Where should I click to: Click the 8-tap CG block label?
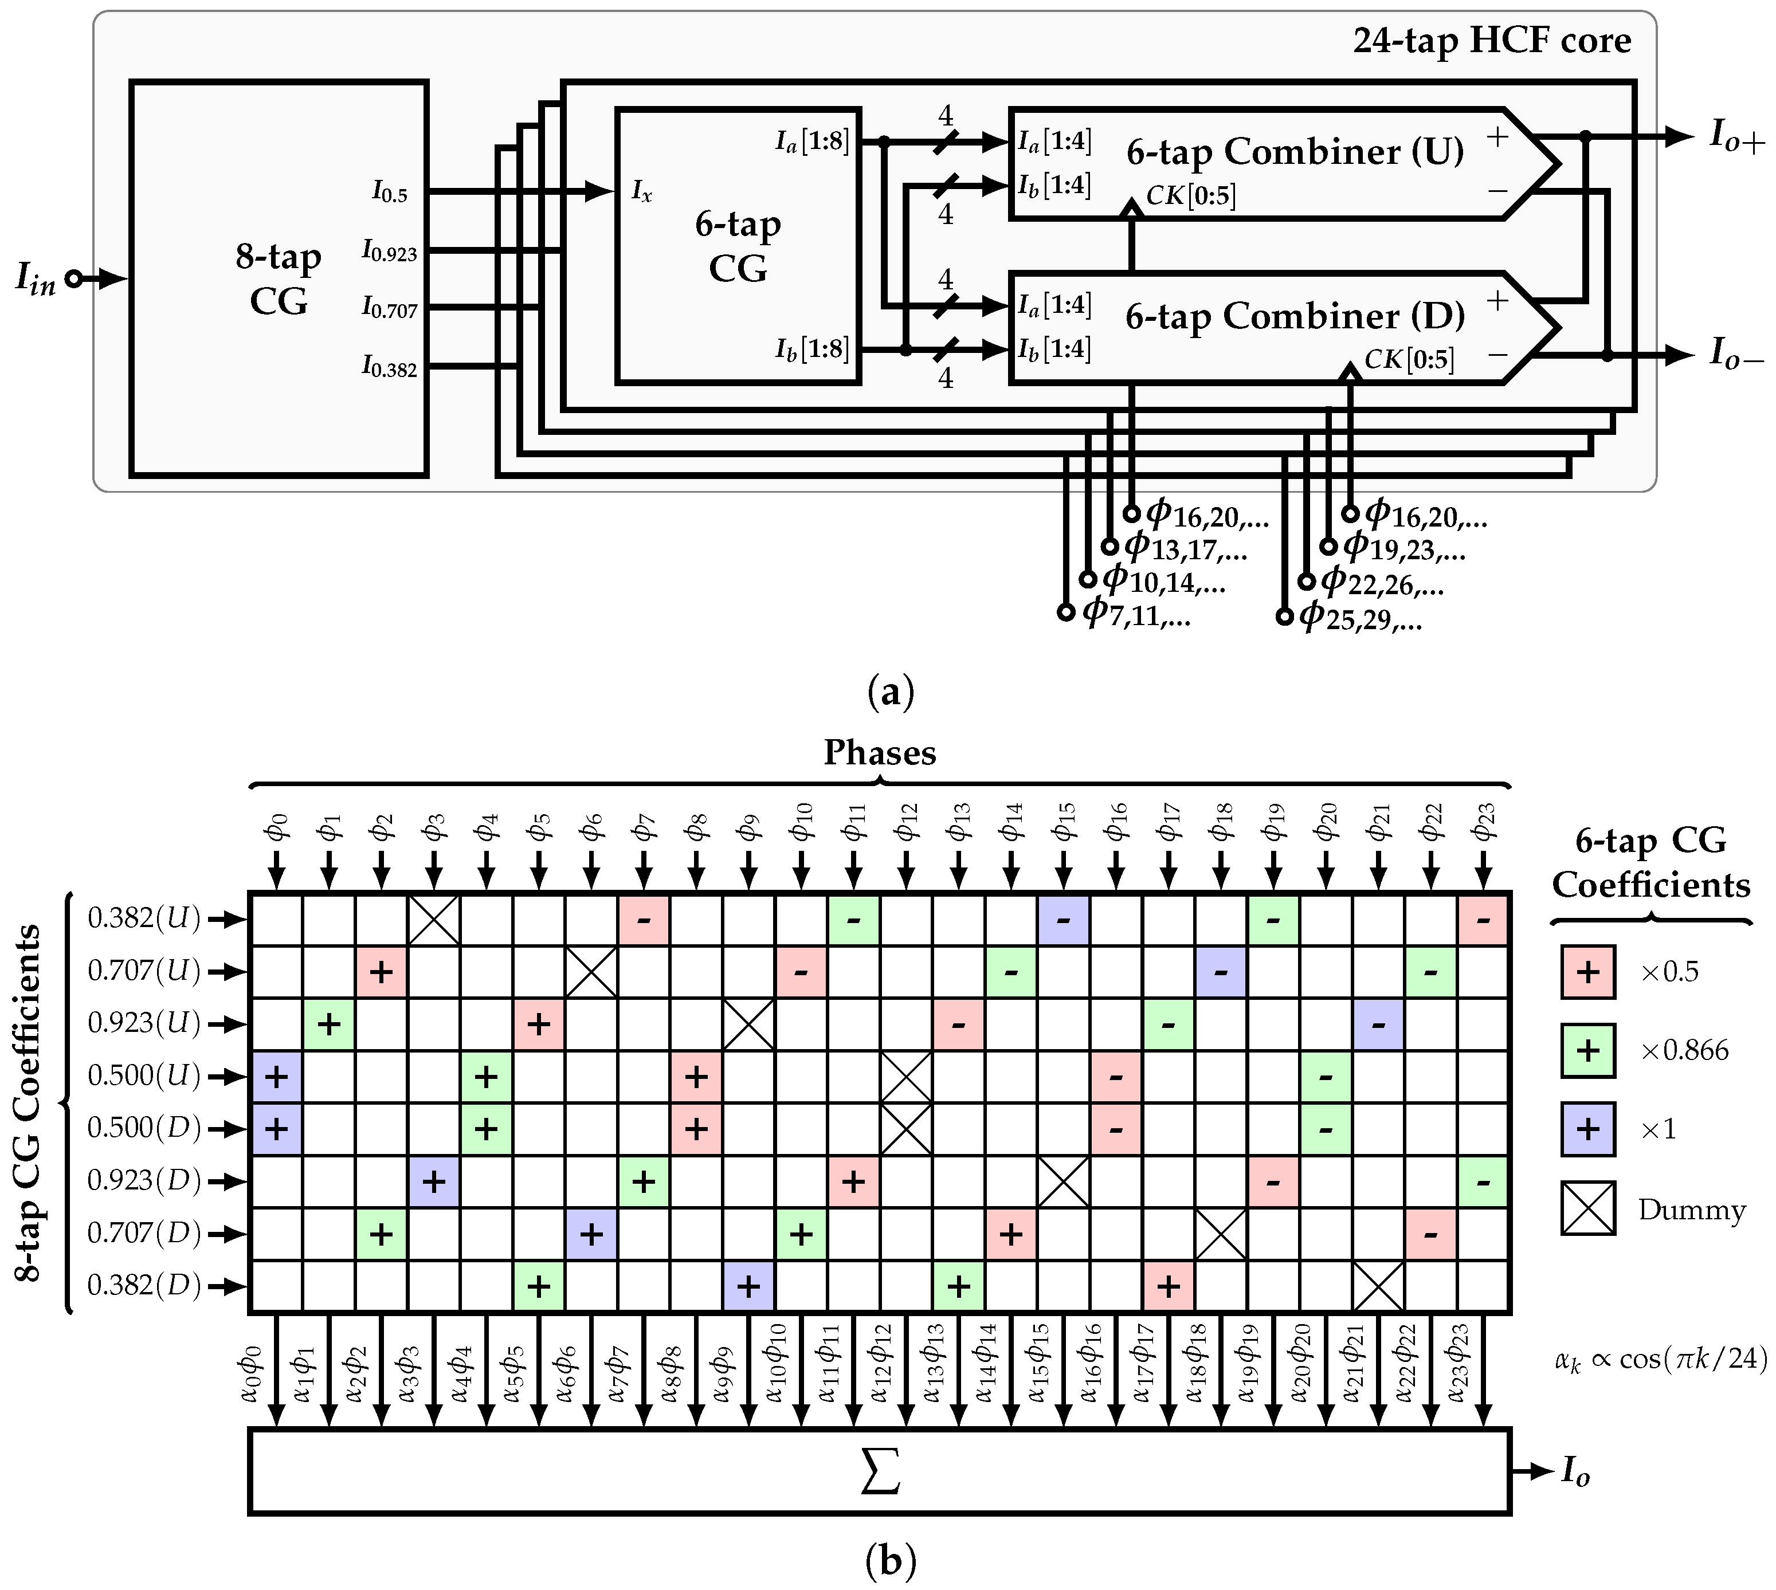[x=278, y=278]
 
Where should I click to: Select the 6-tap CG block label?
[x=738, y=246]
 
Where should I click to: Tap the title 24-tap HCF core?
[x=1491, y=41]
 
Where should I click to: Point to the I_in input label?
[x=36, y=280]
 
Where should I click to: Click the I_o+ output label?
[x=1736, y=137]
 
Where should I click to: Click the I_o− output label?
[x=1736, y=355]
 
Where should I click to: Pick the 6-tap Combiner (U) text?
[x=1295, y=152]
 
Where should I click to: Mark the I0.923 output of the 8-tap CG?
[x=390, y=252]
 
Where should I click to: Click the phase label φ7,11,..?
[x=1136, y=613]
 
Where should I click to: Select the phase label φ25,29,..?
[x=1360, y=617]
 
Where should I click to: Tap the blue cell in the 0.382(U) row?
[x=1063, y=919]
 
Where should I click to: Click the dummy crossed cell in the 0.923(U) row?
[x=748, y=1024]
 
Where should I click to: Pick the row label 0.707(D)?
[x=144, y=1234]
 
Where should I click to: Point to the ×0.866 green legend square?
[x=1587, y=1050]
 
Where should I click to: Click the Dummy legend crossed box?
[x=1587, y=1208]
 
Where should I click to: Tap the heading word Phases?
[x=880, y=753]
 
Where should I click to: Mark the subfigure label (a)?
[x=889, y=692]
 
